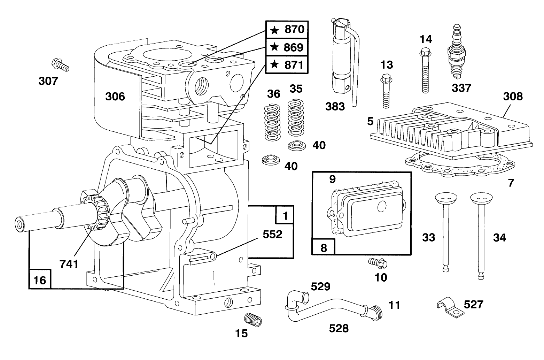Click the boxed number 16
click(x=40, y=279)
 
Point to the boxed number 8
click(x=324, y=247)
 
